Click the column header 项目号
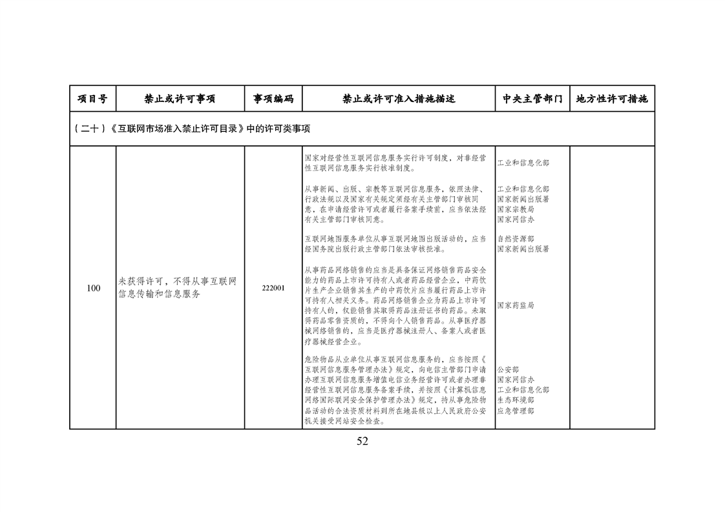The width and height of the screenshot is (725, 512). pyautogui.click(x=92, y=99)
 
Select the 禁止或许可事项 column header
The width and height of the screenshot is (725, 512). pyautogui.click(x=180, y=99)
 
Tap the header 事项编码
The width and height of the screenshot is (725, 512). pyautogui.click(x=273, y=99)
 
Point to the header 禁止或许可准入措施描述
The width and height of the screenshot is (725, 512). pyautogui.click(x=399, y=99)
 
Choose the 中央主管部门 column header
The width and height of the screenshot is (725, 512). pyautogui.click(x=532, y=99)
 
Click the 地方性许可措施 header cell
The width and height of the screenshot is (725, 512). pyautogui.click(x=611, y=99)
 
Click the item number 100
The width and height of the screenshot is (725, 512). pyautogui.click(x=93, y=288)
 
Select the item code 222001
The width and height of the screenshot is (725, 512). pyautogui.click(x=273, y=288)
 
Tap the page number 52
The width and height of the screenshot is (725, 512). pyautogui.click(x=362, y=442)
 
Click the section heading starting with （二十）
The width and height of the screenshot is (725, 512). pyautogui.click(x=192, y=128)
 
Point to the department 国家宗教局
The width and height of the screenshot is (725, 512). pyautogui.click(x=516, y=210)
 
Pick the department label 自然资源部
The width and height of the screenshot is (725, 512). pyautogui.click(x=516, y=239)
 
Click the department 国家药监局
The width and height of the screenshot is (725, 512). pyautogui.click(x=516, y=304)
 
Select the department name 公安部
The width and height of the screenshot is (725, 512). pyautogui.click(x=508, y=370)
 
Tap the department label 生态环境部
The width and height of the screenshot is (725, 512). pyautogui.click(x=516, y=400)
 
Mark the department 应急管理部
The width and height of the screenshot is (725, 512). pyautogui.click(x=516, y=411)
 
